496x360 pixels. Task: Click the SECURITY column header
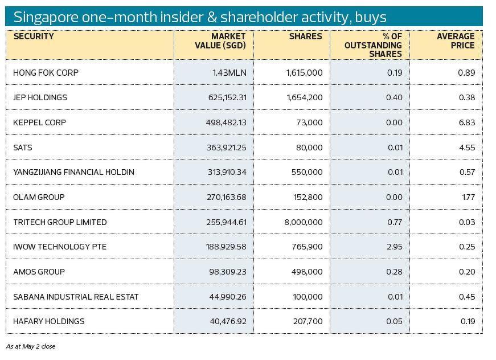coord(34,36)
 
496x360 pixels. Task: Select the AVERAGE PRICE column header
coord(456,40)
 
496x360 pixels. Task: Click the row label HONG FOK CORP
coord(46,73)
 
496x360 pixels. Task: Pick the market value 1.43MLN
coord(229,73)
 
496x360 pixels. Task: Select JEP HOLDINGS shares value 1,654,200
coord(303,97)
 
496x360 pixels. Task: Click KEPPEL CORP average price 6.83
coord(466,122)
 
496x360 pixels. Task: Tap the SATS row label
coord(23,148)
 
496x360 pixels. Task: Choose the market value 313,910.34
coord(227,172)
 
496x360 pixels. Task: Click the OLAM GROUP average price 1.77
coord(468,197)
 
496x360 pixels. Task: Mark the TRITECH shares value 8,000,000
coord(303,222)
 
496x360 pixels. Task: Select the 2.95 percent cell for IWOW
coord(394,247)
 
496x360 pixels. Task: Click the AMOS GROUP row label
coord(39,272)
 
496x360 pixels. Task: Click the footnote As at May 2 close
coord(31,346)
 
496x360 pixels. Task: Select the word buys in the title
coord(370,17)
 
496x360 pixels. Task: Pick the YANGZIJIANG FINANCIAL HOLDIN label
coord(73,172)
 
